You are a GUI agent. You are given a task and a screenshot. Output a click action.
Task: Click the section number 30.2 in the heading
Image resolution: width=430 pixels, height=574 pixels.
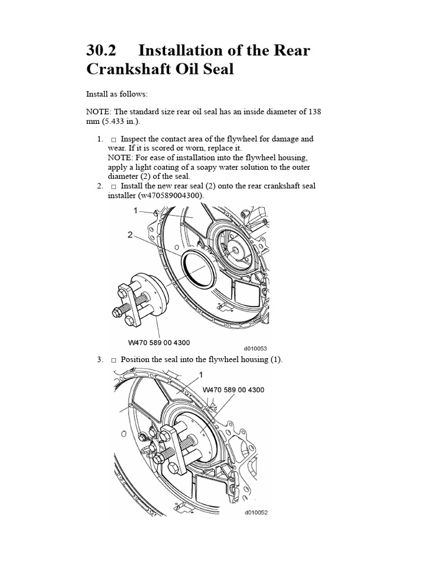tap(101, 50)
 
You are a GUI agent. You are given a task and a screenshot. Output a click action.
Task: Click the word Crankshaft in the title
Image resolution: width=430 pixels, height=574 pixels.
tap(129, 69)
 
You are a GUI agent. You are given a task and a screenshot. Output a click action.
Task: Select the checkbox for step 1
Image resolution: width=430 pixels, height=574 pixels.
tap(114, 140)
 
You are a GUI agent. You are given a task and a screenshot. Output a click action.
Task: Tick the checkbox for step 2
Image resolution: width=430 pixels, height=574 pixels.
tap(114, 186)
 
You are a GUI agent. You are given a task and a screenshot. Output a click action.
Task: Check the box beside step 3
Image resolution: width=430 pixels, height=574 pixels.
tap(114, 360)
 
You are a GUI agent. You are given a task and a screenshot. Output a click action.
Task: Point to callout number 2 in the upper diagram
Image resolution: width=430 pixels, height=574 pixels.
tap(130, 235)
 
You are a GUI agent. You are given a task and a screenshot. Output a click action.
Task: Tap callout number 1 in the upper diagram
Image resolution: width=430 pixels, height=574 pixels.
tap(135, 211)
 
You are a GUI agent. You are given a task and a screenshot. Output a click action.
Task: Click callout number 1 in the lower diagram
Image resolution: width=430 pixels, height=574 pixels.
tap(200, 374)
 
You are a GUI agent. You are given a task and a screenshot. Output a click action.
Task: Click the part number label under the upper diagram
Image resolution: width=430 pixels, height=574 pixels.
tap(159, 342)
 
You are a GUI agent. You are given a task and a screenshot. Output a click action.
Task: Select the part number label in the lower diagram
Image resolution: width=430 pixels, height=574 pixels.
tap(233, 390)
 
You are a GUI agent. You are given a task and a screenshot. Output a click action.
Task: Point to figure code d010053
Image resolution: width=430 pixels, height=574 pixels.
tap(255, 349)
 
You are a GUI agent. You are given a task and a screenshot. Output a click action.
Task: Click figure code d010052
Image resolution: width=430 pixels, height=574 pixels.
tap(256, 512)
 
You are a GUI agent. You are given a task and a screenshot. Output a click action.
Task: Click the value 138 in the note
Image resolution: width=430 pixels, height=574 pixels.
tap(315, 112)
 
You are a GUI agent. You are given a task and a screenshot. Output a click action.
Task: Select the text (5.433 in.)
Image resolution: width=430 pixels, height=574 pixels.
tap(118, 121)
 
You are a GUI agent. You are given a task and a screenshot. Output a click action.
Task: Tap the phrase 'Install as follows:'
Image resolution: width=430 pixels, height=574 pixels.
tap(117, 94)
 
